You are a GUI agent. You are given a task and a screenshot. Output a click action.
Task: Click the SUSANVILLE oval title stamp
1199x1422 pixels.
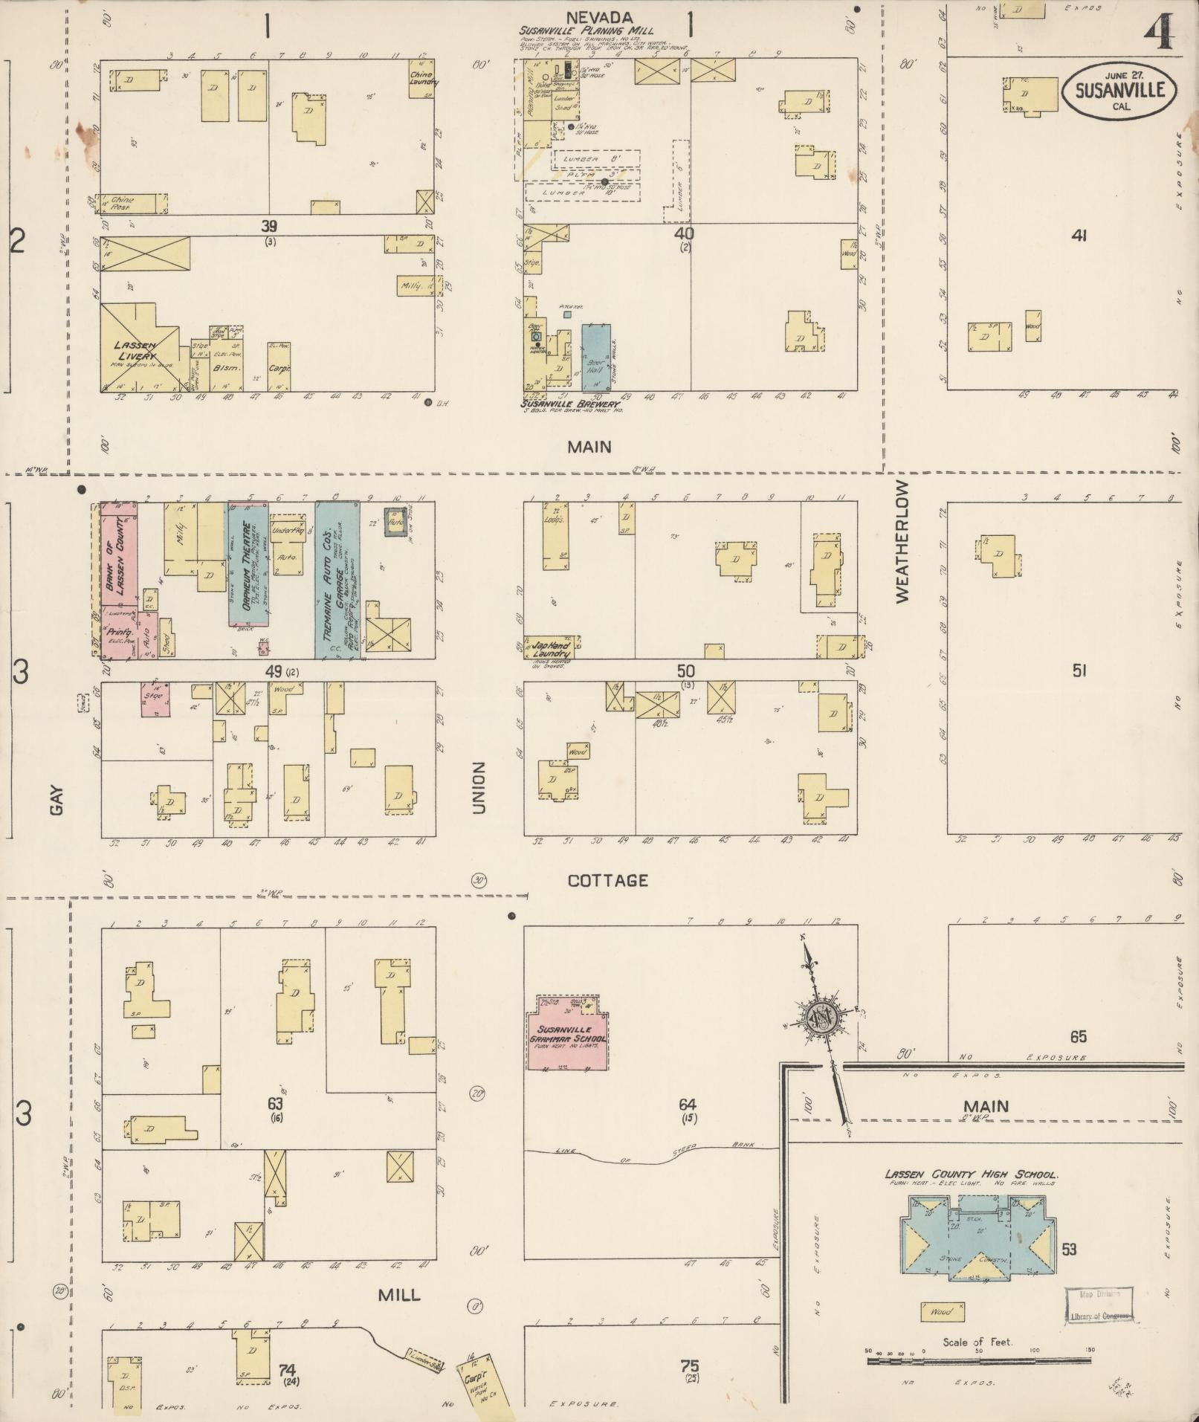click(1118, 91)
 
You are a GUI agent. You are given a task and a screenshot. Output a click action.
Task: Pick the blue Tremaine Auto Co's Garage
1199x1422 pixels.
click(336, 580)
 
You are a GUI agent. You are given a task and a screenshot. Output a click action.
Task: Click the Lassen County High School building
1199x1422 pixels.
click(976, 1238)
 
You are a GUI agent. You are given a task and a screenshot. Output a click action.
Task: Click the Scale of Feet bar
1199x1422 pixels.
click(979, 1361)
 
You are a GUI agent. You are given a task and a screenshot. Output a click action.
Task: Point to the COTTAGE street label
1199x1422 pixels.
click(607, 881)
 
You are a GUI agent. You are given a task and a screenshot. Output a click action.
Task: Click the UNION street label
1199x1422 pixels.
click(478, 787)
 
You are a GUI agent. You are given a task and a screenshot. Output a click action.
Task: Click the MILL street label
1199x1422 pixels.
click(399, 1295)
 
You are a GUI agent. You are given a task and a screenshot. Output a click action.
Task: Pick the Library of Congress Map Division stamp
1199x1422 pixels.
click(1099, 1304)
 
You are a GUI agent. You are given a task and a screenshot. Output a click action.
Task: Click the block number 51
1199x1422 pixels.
click(1079, 670)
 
